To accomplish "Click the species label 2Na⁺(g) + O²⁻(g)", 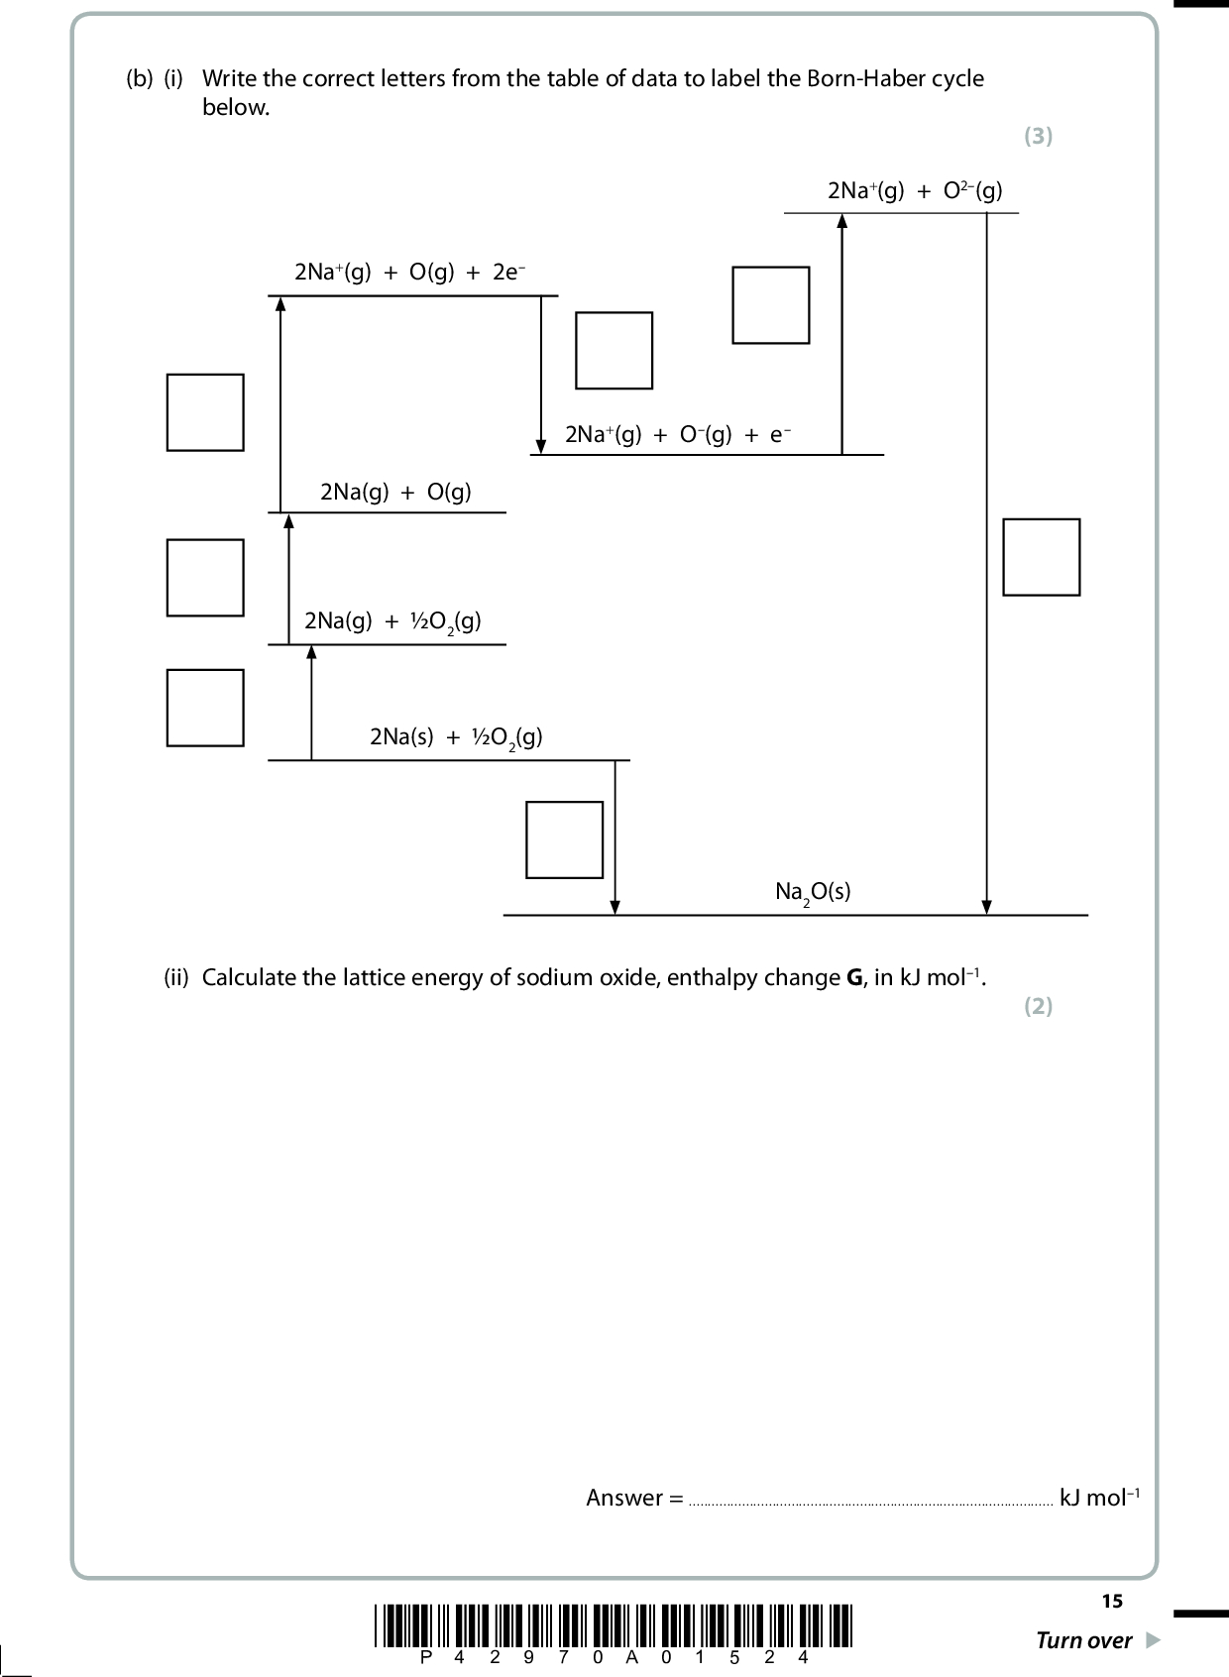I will click(x=914, y=191).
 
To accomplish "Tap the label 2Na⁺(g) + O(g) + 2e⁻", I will click(x=409, y=273).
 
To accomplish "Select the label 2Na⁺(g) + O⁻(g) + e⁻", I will click(x=678, y=434).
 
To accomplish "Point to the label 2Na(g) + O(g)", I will click(x=395, y=492).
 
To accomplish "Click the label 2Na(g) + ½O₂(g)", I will click(x=392, y=621).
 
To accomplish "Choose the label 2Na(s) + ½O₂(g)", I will click(x=456, y=737).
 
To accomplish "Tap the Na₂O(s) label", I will click(x=813, y=892).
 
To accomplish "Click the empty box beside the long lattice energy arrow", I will click(x=1041, y=557).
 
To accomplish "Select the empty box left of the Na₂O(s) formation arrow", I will click(x=564, y=839).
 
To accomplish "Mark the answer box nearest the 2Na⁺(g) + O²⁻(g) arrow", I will click(x=770, y=305).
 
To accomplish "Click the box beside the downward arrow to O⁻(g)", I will click(x=614, y=351).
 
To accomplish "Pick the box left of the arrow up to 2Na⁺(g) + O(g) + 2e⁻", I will click(x=205, y=412).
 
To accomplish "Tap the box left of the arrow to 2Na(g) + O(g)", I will click(x=205, y=578).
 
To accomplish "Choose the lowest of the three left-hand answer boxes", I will click(x=205, y=708).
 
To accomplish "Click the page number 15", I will click(x=1111, y=1601).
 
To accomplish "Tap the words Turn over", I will click(x=1083, y=1640).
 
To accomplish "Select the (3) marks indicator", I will click(x=1038, y=137).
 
